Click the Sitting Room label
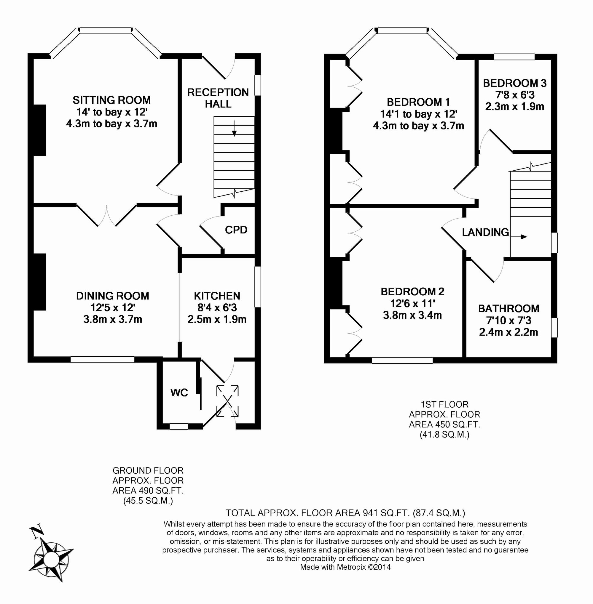[x=111, y=100]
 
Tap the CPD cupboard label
[x=236, y=230]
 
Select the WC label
[x=179, y=393]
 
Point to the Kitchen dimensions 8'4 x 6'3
[x=217, y=308]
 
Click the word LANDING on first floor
[x=485, y=232]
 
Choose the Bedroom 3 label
[x=515, y=83]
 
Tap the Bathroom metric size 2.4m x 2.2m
[x=508, y=332]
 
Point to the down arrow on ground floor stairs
[x=234, y=128]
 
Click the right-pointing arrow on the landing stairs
[x=519, y=237]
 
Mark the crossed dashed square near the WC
[x=227, y=401]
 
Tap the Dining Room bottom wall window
[x=103, y=359]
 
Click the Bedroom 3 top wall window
[x=514, y=57]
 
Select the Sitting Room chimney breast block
[x=39, y=130]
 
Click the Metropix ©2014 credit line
[x=345, y=567]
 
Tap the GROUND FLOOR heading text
[x=148, y=470]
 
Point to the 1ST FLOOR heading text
[x=444, y=405]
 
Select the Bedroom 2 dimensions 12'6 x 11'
[x=412, y=303]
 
